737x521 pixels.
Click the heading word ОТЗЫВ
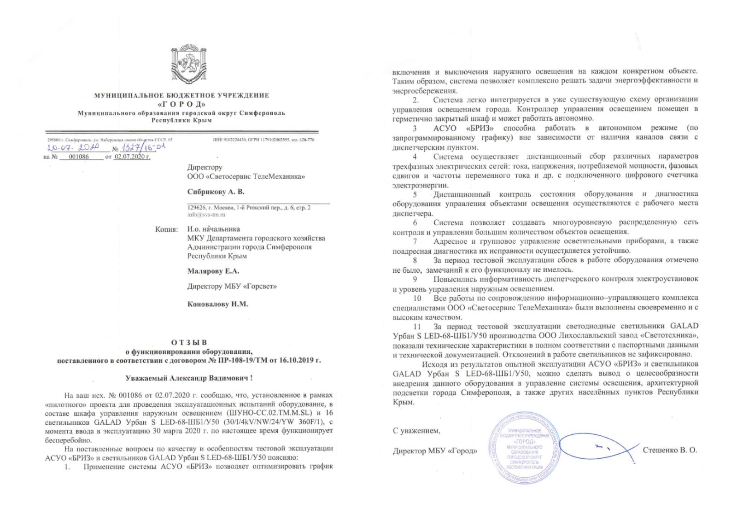189,342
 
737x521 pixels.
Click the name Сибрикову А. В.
216,192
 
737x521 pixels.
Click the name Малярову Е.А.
213,271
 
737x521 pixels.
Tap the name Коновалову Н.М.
217,304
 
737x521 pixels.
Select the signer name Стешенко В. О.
670,450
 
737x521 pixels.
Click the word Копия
166,229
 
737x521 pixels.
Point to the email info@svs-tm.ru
206,215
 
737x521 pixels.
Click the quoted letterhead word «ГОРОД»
181,104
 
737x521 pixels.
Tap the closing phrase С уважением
416,431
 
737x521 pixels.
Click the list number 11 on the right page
417,326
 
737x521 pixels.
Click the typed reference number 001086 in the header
78,157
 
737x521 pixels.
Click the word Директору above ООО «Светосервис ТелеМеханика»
205,167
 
